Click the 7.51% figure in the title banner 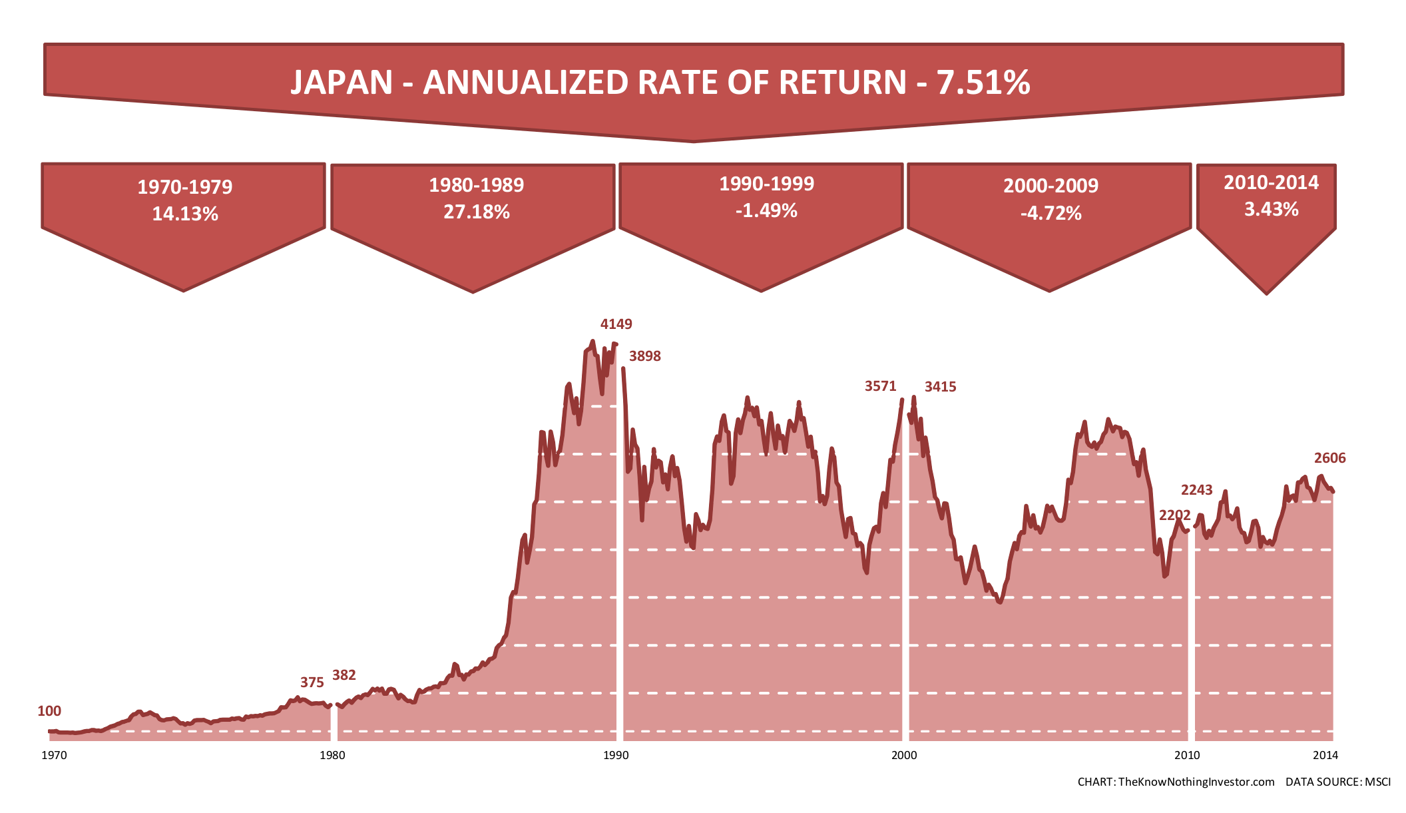tap(983, 83)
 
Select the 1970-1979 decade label tap(185, 187)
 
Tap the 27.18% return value tap(477, 212)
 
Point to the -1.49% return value tap(766, 211)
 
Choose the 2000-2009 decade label tap(1051, 186)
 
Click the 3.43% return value tap(1271, 210)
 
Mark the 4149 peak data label tap(616, 324)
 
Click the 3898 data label tap(645, 356)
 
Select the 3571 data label tap(880, 386)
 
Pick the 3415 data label tap(940, 387)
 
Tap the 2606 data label tap(1329, 458)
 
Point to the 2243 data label tap(1196, 490)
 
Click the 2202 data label tap(1174, 515)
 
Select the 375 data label tap(312, 682)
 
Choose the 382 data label tap(344, 675)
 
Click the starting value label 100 tap(49, 711)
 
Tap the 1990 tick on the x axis tap(616, 755)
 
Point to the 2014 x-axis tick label tap(1325, 755)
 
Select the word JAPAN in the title tap(342, 83)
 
